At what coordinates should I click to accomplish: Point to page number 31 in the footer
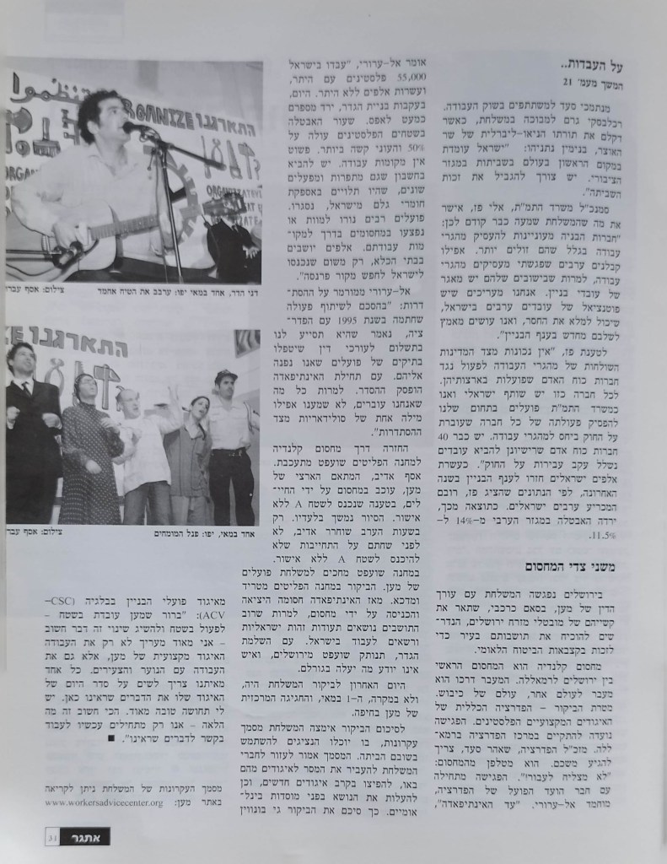click(x=52, y=836)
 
